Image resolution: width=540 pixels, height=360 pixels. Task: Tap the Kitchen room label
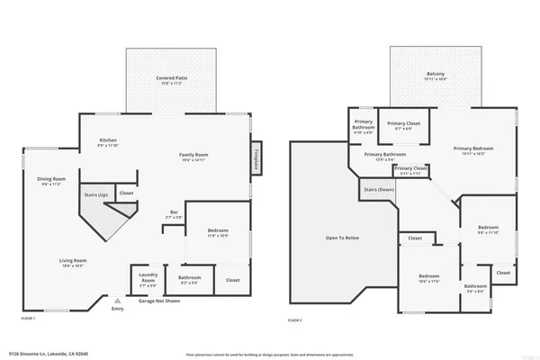pyautogui.click(x=108, y=142)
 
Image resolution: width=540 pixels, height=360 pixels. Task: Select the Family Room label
pyautogui.click(x=193, y=156)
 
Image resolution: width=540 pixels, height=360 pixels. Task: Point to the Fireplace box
pyautogui.click(x=256, y=156)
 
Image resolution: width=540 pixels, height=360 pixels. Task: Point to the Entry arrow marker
pyautogui.click(x=118, y=300)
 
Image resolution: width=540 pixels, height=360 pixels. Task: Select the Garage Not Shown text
pyautogui.click(x=158, y=301)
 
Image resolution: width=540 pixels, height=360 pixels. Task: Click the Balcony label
pyautogui.click(x=435, y=76)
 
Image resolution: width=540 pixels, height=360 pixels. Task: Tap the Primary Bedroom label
pyautogui.click(x=475, y=149)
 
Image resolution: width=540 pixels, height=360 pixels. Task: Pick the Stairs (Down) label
pyautogui.click(x=379, y=190)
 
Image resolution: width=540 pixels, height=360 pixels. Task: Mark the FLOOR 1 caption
pyautogui.click(x=28, y=319)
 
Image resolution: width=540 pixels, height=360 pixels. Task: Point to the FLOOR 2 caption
pyautogui.click(x=294, y=319)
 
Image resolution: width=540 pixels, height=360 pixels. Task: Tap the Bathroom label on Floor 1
pyautogui.click(x=189, y=279)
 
